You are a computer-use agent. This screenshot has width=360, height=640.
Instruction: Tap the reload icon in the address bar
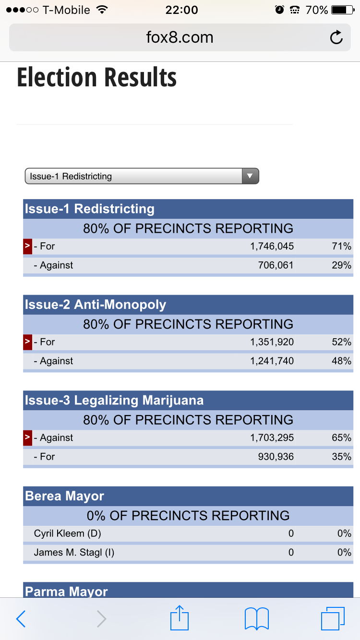coord(336,37)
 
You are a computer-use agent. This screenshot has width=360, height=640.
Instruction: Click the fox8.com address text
coord(180,37)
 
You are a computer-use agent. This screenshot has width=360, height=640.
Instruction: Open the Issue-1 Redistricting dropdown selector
coord(142,176)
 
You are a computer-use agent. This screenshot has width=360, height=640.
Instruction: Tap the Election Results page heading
coord(97,78)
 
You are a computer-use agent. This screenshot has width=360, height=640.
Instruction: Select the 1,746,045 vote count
coord(272,246)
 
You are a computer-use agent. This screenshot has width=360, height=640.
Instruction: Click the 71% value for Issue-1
coord(341,246)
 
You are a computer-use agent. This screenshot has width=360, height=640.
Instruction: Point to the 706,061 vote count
coord(276,265)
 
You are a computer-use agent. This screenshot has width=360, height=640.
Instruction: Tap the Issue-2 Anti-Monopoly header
coord(96,305)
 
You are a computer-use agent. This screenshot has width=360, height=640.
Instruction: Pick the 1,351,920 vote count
coord(272,342)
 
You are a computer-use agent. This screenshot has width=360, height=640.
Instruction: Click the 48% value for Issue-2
coord(341,361)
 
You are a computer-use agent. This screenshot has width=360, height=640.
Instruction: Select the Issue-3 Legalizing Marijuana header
coord(114,401)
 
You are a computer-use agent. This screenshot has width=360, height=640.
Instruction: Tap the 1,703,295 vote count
coord(272,438)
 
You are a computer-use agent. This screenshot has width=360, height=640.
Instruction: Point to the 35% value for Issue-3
coord(341,456)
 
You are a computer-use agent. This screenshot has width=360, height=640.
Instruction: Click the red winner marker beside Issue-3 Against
coord(27,438)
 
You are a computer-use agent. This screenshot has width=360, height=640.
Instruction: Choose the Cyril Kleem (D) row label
coord(67,533)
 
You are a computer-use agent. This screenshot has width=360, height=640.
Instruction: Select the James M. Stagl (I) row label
coord(74,552)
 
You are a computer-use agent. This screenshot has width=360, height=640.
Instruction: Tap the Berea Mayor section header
coord(64,496)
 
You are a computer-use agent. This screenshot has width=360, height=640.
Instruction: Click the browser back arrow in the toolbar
coord(21,619)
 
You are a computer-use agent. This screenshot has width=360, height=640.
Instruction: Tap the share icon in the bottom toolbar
coord(180,618)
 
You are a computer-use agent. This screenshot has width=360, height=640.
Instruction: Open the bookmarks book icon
coord(256,619)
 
